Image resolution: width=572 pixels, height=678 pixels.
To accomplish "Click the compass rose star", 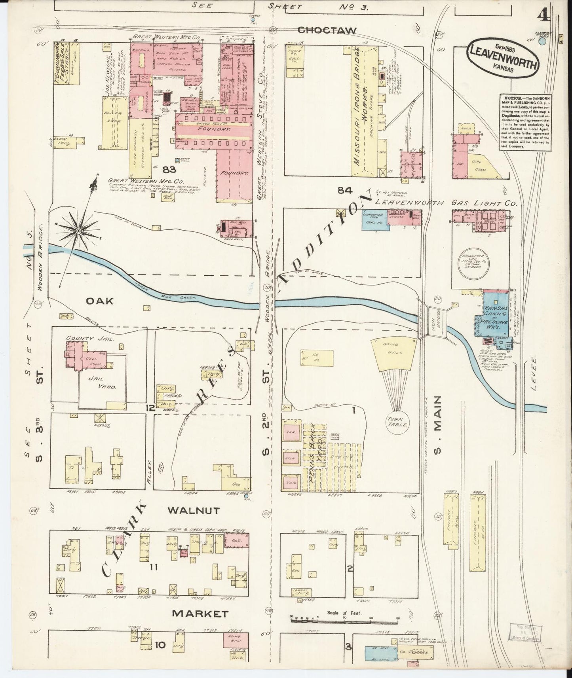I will pos(78,230).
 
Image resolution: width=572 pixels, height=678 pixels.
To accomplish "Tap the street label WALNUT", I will pos(194,511).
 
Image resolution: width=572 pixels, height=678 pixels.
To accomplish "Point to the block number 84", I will pos(345,191).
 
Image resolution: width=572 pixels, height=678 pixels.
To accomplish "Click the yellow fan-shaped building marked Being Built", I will pos(394,355).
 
